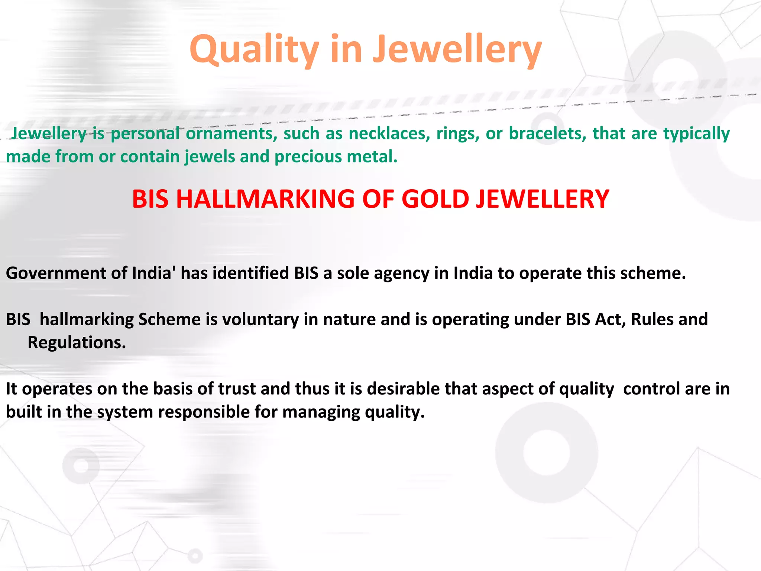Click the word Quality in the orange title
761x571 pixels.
(x=254, y=50)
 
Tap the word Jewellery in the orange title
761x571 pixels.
(x=457, y=50)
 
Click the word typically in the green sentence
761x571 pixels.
(x=696, y=133)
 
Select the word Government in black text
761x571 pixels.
(x=56, y=273)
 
